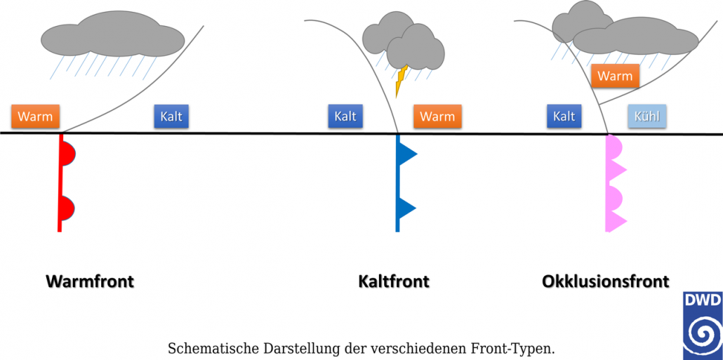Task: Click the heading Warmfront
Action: [x=90, y=282]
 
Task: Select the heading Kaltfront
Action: [x=394, y=282]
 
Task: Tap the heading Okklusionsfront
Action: [x=605, y=282]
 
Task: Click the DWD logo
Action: [x=702, y=326]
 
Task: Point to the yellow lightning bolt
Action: [x=402, y=81]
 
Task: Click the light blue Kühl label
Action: [x=646, y=116]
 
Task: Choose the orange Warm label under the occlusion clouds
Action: [x=615, y=76]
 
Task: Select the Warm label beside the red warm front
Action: [x=35, y=116]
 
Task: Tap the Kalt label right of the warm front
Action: [x=171, y=116]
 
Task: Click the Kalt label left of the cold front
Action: [x=345, y=116]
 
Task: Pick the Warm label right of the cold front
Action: [x=437, y=116]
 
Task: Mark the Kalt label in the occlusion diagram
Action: [x=564, y=116]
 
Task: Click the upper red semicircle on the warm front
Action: [x=68, y=152]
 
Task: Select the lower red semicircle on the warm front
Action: [x=67, y=208]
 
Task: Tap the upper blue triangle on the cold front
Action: [x=406, y=154]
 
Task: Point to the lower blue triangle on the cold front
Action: [x=406, y=208]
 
